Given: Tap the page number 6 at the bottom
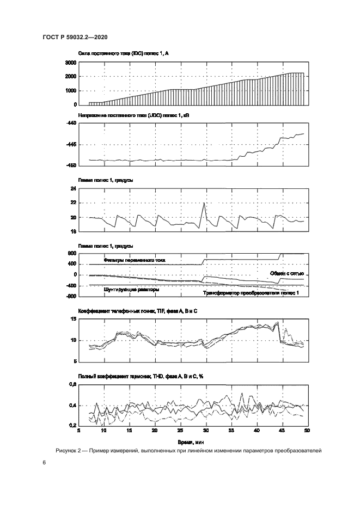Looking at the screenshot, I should click(44, 462).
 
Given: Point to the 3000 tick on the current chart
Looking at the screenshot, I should click(70, 63).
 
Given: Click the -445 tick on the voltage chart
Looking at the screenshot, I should click(71, 145).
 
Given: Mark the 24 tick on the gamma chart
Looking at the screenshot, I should click(72, 189).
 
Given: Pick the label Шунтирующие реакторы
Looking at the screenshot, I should click(131, 290).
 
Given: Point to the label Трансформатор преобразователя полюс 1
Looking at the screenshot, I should click(251, 293).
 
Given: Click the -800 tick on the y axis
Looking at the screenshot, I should click(71, 297).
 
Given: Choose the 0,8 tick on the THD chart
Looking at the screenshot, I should click(71, 385).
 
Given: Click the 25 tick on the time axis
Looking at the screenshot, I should click(180, 431).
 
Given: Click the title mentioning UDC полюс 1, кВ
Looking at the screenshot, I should click(126, 116).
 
